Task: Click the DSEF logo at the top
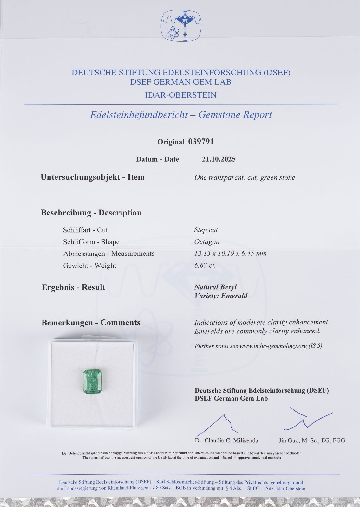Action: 182,25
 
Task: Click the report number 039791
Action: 201,142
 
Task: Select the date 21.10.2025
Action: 219,159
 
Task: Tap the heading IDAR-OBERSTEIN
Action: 180,95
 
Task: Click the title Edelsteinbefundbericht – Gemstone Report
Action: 181,115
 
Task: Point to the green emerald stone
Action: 92,382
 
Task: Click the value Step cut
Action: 206,230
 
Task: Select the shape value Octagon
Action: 207,242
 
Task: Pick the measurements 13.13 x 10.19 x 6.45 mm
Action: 230,253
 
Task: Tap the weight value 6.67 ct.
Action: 205,266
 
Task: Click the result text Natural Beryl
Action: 215,287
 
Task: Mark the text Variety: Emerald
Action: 221,296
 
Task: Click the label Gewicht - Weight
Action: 89,266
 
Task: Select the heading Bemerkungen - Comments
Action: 91,323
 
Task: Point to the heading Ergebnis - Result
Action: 73,287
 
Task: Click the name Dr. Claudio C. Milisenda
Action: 226,440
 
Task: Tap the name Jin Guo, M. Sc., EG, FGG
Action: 312,440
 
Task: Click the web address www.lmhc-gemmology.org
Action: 273,346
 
